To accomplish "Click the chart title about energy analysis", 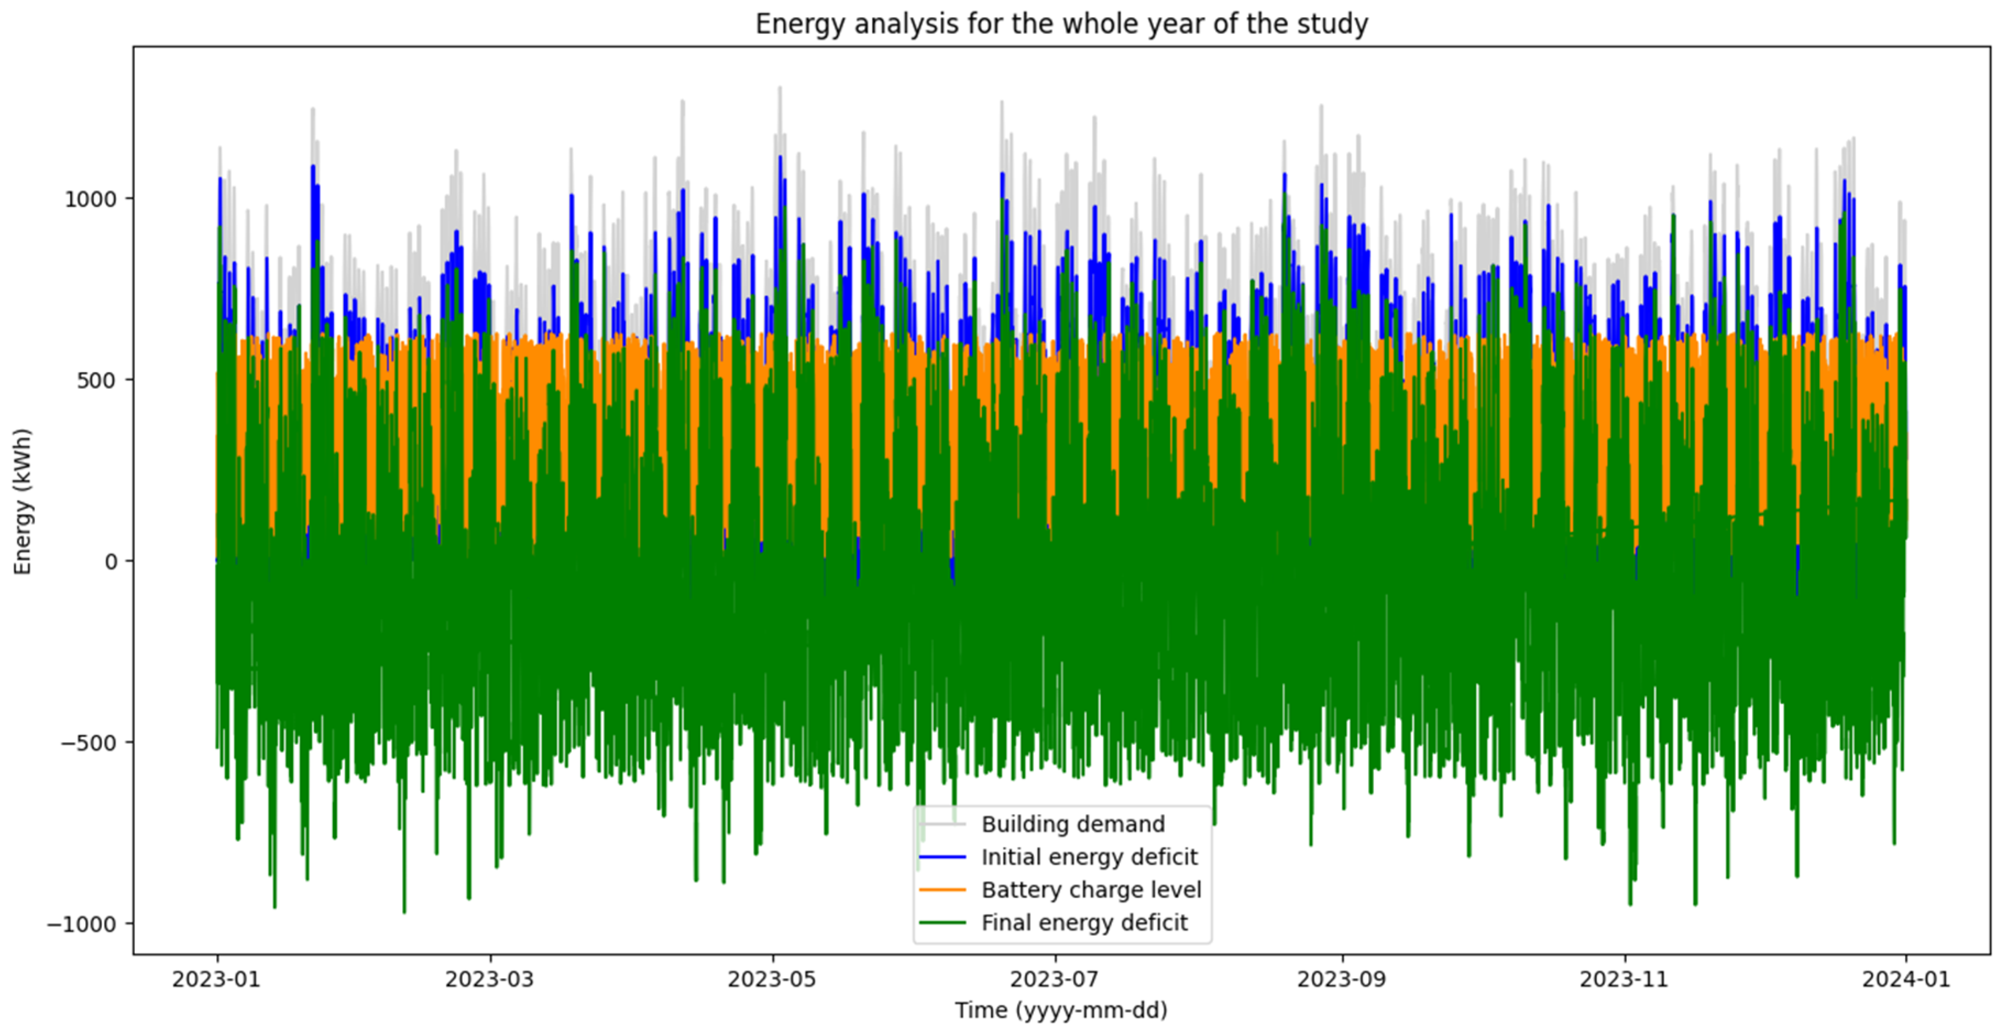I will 1061,24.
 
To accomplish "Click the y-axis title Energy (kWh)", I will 23,501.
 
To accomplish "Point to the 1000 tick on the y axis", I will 90,199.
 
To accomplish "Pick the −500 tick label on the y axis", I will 89,743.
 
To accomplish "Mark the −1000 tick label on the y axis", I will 82,925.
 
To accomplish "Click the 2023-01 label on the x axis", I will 217,979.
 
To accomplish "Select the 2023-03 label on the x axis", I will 490,979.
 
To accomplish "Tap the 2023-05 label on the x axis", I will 772,979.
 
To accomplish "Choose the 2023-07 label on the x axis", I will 1055,979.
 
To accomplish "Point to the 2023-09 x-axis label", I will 1341,979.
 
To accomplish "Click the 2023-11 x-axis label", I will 1624,979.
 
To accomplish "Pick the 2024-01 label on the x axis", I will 1906,979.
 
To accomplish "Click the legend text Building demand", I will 1073,824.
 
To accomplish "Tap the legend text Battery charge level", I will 1091,889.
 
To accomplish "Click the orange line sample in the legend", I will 942,889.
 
